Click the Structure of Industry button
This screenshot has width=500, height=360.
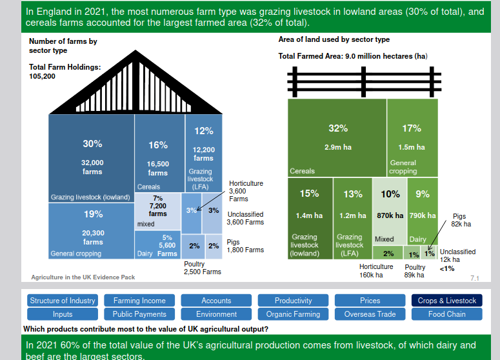pyautogui.click(x=63, y=301)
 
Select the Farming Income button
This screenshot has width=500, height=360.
pyautogui.click(x=139, y=301)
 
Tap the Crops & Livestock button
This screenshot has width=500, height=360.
pyautogui.click(x=446, y=301)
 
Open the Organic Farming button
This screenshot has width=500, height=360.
pyautogui.click(x=293, y=314)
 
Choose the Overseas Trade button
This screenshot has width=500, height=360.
pyautogui.click(x=370, y=314)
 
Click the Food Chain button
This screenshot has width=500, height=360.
pyautogui.click(x=446, y=314)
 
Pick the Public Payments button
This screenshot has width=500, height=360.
pyautogui.click(x=139, y=314)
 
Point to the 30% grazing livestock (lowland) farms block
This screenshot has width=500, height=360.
pyautogui.click(x=92, y=158)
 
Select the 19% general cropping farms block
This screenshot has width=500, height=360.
pyautogui.click(x=92, y=230)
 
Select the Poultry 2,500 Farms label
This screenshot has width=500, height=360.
pyautogui.click(x=202, y=268)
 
